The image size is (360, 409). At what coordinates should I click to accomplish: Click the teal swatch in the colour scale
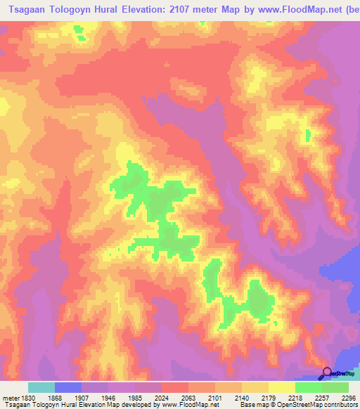pos(41,387)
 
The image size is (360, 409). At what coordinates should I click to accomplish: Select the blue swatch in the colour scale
pos(68,387)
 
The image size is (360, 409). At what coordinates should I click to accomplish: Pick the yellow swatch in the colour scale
pos(282,387)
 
